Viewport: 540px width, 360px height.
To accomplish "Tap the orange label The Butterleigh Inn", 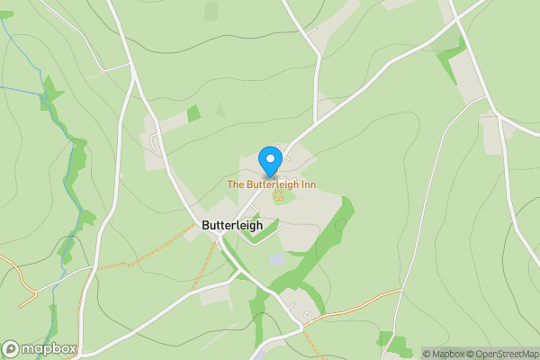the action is [x=271, y=184].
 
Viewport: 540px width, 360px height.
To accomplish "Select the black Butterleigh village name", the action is [x=232, y=226].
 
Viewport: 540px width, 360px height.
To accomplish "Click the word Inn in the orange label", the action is [x=307, y=184].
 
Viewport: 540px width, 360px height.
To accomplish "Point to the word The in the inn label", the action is [x=235, y=184].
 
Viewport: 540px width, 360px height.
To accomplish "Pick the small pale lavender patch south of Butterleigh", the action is [x=276, y=260].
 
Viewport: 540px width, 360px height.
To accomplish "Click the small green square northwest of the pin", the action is [x=193, y=113].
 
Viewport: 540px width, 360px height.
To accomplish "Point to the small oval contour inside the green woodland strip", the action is [x=340, y=224].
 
